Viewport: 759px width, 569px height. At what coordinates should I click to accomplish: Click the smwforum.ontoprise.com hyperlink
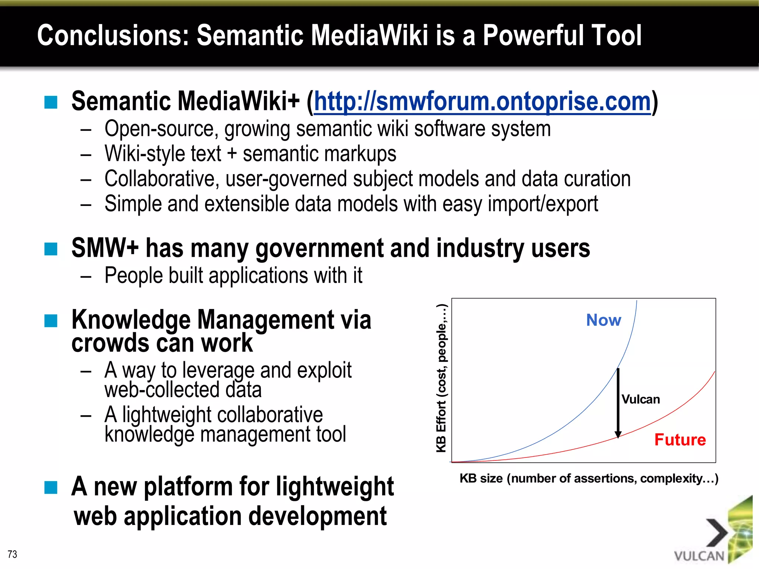(482, 102)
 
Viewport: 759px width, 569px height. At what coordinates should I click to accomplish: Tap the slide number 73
(12, 554)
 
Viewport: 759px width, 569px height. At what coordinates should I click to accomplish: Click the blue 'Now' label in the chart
(603, 320)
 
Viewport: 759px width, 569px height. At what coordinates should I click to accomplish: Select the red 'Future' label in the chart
(680, 440)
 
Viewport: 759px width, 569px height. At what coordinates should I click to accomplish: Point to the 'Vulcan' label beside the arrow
(640, 399)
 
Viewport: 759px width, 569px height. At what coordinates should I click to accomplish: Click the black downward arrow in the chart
(618, 404)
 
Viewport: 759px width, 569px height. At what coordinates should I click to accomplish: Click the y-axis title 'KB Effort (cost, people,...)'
(441, 378)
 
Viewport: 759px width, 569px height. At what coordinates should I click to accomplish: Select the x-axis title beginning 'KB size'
(589, 478)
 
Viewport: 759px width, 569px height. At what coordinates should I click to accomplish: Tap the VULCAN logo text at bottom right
(699, 556)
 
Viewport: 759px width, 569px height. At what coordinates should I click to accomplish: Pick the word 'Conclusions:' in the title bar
(113, 35)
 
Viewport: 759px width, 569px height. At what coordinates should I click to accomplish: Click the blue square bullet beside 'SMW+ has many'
(51, 249)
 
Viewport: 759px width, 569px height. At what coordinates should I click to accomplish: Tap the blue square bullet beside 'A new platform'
(51, 488)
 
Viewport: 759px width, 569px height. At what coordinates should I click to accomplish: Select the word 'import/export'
(543, 204)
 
